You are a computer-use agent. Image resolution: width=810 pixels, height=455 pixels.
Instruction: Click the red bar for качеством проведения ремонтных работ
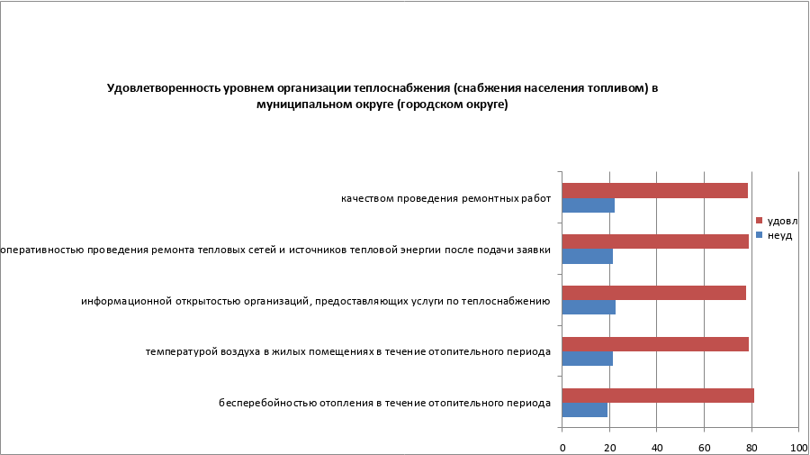click(x=654, y=190)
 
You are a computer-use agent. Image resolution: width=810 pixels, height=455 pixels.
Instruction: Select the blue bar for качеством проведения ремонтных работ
click(x=588, y=205)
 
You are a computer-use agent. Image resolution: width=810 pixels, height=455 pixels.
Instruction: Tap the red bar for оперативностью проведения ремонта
click(x=655, y=241)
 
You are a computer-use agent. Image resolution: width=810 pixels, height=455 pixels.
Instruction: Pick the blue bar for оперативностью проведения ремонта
click(x=587, y=257)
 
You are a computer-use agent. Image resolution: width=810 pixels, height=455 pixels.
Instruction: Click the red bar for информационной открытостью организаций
click(x=653, y=293)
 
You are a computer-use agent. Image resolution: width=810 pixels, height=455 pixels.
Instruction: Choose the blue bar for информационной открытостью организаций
click(x=589, y=308)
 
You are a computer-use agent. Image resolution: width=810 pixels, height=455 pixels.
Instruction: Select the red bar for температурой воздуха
click(x=655, y=344)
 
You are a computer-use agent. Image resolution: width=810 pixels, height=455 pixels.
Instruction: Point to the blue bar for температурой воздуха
click(x=587, y=359)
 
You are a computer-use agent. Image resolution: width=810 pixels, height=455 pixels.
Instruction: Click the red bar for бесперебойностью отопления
click(x=658, y=396)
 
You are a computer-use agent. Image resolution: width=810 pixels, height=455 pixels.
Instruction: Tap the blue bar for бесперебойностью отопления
click(x=584, y=411)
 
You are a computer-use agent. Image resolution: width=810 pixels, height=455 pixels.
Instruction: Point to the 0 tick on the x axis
click(x=562, y=447)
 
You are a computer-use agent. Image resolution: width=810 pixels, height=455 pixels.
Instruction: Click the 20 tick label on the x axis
click(x=609, y=447)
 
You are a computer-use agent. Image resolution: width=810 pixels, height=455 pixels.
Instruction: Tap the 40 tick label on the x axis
click(x=657, y=447)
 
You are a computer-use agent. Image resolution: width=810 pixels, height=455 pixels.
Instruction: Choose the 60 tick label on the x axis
click(x=704, y=447)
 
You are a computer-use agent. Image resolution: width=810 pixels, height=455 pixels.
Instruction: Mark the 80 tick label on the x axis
click(x=751, y=447)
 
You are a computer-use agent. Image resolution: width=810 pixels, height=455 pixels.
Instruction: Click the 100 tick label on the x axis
click(x=796, y=447)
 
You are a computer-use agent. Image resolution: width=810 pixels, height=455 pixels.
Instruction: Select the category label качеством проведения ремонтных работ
click(x=445, y=198)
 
